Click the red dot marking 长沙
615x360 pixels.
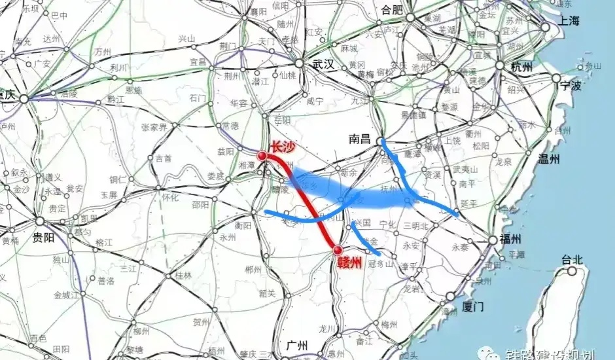coord(262,156)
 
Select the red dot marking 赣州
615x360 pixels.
coord(338,250)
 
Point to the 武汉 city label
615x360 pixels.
coord(323,64)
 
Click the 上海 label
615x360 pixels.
coord(569,21)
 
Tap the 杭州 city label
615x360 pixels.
coord(521,67)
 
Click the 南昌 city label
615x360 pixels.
coord(360,139)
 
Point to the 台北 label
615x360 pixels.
coord(571,259)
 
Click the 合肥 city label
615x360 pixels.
coord(394,10)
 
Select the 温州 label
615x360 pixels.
coord(548,158)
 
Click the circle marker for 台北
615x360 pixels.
coord(573,271)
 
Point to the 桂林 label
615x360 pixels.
coord(183,276)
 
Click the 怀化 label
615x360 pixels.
coord(170,196)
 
